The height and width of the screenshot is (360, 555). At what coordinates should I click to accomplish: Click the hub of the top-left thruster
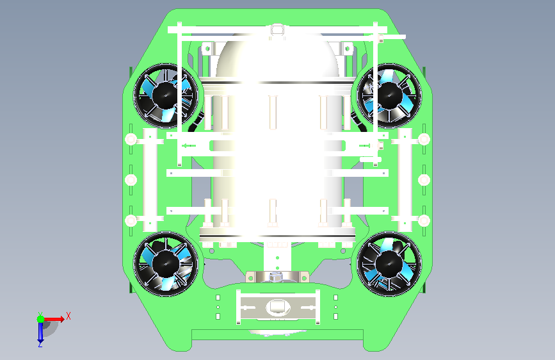[165, 95]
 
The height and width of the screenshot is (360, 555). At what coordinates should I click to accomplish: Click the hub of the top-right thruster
[389, 95]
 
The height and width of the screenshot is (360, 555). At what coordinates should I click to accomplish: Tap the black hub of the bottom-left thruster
[165, 264]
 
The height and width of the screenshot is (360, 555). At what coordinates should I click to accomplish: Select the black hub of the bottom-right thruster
[389, 264]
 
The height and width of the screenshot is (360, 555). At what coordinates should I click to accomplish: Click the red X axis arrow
[54, 319]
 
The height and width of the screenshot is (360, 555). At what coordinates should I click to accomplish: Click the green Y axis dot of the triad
[41, 319]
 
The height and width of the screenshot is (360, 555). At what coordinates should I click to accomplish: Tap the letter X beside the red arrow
[68, 316]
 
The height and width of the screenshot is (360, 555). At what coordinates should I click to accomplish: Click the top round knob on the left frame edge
[131, 139]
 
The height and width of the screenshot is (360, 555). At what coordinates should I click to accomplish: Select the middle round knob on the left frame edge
[131, 180]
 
